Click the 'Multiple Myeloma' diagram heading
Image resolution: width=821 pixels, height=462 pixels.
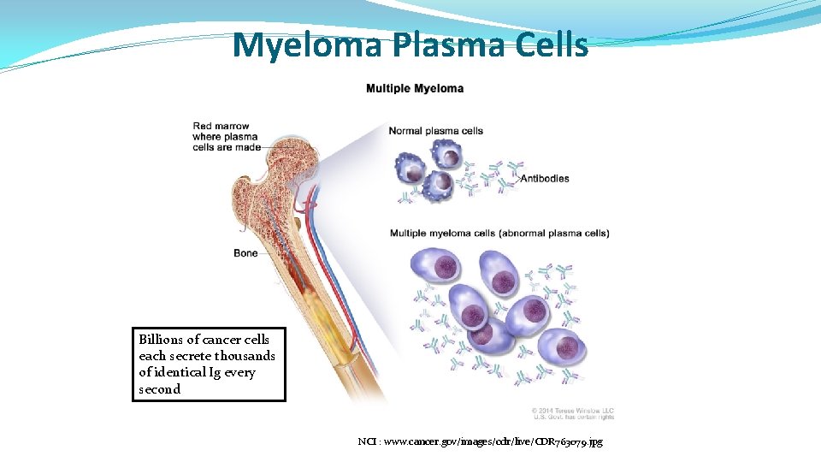[x=415, y=88]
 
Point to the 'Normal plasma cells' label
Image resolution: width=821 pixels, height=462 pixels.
[x=435, y=131]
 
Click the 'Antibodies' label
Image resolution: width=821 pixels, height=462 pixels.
[x=545, y=179]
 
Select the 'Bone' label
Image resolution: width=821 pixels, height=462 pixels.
[x=245, y=253]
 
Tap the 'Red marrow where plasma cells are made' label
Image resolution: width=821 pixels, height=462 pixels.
[x=225, y=136]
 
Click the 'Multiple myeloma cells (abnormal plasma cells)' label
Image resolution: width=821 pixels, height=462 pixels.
[x=499, y=233]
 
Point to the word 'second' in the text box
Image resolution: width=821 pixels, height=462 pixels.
[x=159, y=389]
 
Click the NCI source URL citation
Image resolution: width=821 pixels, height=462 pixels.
[x=480, y=442]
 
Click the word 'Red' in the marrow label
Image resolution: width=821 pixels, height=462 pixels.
[x=203, y=127]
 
